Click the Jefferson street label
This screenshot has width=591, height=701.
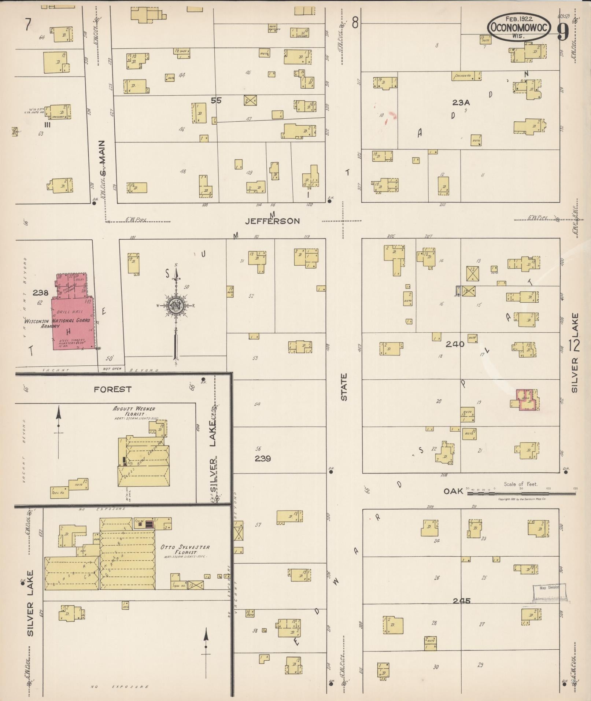[272, 221]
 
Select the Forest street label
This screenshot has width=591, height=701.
[112, 390]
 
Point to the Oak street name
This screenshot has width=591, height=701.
[454, 491]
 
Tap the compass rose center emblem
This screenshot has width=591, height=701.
[176, 305]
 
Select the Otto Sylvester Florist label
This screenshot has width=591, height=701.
[185, 550]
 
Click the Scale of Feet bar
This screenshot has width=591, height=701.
[520, 493]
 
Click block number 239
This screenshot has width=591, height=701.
[263, 458]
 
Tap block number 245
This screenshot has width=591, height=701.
[461, 601]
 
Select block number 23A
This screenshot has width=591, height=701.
[461, 103]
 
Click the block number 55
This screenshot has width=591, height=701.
[216, 100]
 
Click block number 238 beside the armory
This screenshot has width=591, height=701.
[40, 293]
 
